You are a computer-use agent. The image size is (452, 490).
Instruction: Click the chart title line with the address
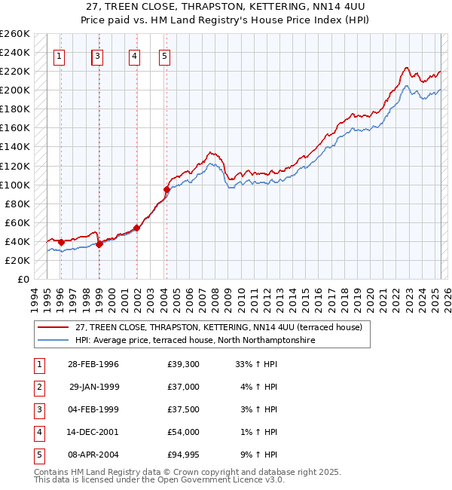point(226,6)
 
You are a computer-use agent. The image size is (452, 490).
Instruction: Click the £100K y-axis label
point(15,185)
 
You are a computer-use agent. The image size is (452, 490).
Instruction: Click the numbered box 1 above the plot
point(60,55)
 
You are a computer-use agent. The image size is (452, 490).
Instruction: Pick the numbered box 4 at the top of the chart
point(133,55)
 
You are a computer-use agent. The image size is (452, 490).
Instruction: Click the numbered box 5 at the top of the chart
point(164,55)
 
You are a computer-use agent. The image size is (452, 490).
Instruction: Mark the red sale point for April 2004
point(167,189)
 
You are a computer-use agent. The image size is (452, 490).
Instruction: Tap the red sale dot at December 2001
point(137,228)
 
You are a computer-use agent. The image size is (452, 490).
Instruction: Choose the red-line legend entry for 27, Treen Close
point(218,327)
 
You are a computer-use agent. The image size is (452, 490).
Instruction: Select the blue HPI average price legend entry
point(194,341)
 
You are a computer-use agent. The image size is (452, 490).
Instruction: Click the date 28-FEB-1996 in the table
point(93,364)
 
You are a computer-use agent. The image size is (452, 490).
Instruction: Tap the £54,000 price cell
point(184,432)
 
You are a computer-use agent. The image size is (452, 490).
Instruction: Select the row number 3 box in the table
point(37,409)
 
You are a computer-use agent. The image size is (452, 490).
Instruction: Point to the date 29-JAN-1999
point(93,387)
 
